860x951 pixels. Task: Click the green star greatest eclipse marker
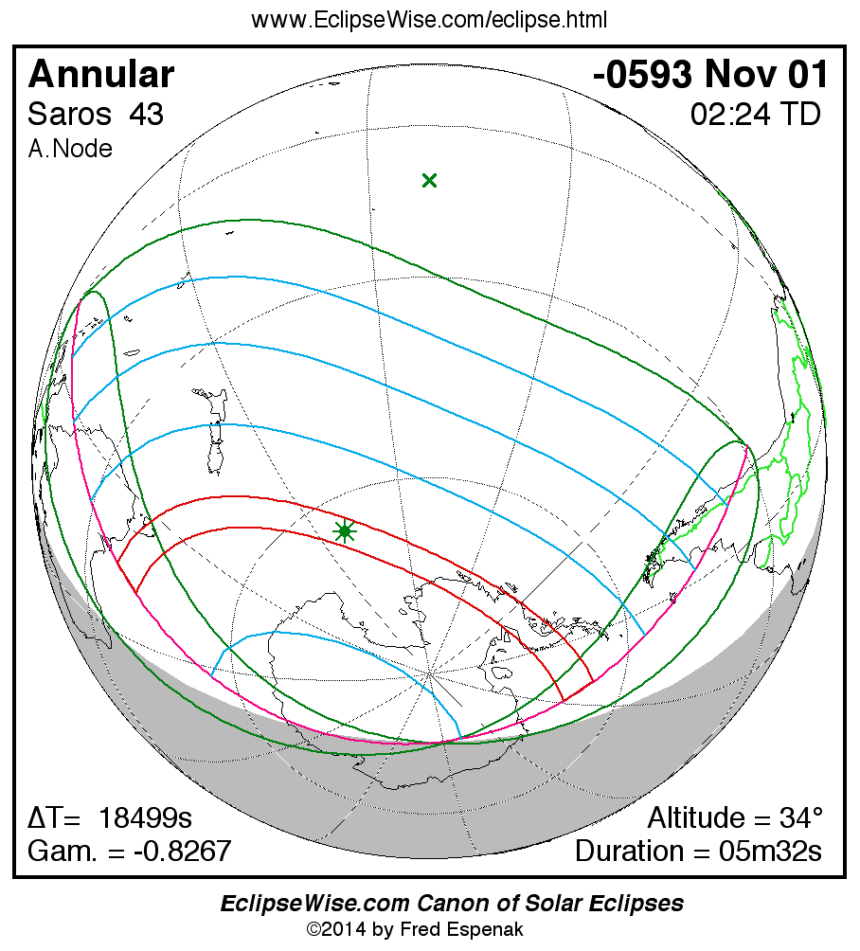(x=345, y=531)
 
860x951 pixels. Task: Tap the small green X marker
(x=429, y=180)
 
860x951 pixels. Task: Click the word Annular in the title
(x=101, y=75)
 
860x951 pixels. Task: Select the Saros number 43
(x=146, y=115)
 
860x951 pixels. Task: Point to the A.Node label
(x=70, y=149)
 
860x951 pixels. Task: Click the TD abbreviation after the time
(x=798, y=115)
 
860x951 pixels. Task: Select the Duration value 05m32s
(x=770, y=851)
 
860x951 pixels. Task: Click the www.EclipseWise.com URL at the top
(x=429, y=20)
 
